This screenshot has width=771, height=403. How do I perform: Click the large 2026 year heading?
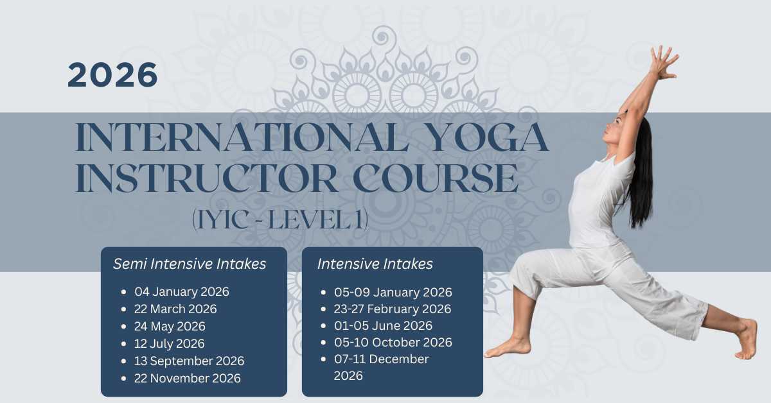tap(112, 75)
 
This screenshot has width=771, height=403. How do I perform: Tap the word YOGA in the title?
tap(489, 137)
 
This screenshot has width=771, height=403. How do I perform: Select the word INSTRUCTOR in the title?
tap(206, 178)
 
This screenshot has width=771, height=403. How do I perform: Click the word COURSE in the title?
tap(436, 178)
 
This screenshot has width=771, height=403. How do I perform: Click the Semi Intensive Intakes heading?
tap(190, 264)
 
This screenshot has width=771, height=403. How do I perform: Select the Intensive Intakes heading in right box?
tap(375, 264)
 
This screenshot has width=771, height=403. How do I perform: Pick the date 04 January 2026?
tap(182, 291)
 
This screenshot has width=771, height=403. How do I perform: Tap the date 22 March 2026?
tap(175, 309)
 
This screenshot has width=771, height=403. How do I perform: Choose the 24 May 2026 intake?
tap(170, 327)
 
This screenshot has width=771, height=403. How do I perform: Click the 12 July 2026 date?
tap(170, 343)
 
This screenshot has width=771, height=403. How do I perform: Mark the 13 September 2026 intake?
tap(190, 361)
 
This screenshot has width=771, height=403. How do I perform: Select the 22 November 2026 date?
tap(188, 378)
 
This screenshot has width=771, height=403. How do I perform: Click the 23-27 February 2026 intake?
tap(393, 309)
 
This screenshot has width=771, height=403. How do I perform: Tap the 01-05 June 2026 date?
tap(383, 325)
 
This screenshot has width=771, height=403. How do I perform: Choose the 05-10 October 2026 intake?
tap(393, 342)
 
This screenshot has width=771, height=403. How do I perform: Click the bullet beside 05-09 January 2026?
tap(323, 292)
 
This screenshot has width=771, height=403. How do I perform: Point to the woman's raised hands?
tap(664, 62)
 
